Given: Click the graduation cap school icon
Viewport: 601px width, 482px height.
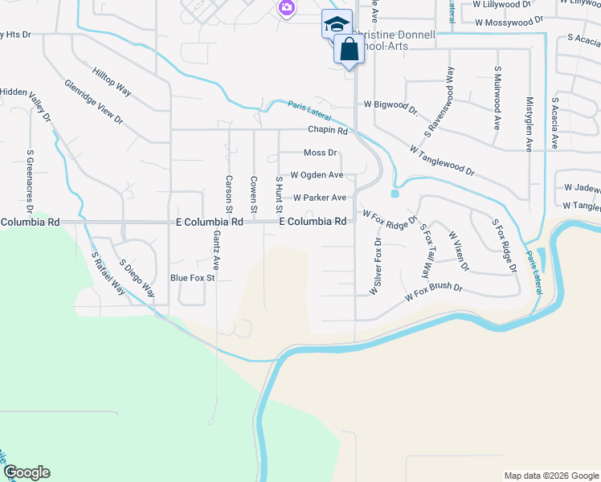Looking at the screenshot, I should [337, 22].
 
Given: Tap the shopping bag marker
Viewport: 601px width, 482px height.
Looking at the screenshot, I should [350, 49].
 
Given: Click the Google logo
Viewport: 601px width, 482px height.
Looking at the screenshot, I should [27, 472].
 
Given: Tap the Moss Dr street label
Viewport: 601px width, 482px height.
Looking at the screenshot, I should [320, 153].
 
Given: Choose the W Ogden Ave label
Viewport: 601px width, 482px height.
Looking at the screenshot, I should [317, 175].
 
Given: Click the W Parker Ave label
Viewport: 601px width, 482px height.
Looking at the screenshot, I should [319, 198].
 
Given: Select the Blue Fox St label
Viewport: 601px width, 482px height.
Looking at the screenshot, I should [193, 278].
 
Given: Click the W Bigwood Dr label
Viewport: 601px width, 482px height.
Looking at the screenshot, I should [390, 105].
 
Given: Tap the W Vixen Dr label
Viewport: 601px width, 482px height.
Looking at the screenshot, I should [458, 251].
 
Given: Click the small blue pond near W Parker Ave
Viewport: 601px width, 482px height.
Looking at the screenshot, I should [395, 194].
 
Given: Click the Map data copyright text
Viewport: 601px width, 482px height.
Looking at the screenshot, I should [551, 476].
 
